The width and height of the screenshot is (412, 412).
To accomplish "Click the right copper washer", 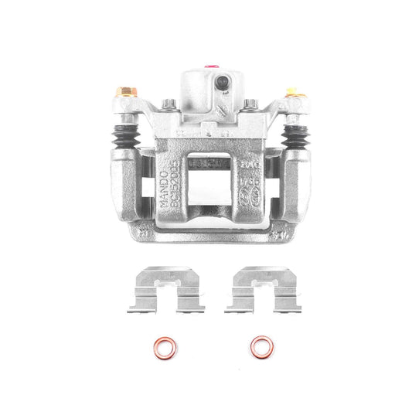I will click(261, 346).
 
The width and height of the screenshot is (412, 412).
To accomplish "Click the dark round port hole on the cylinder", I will click(222, 82).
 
